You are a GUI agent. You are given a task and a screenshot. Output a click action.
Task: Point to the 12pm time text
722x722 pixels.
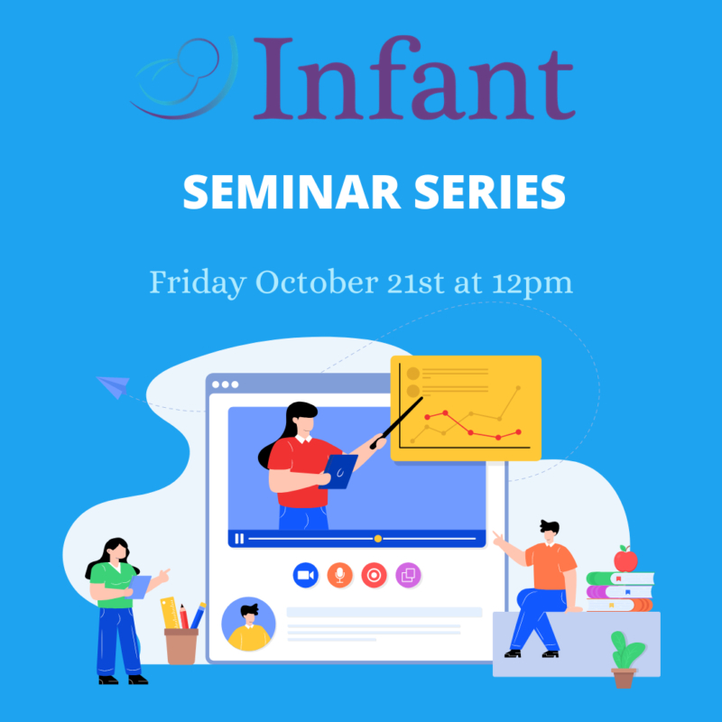533,283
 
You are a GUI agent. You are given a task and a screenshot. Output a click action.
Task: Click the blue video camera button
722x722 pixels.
305,575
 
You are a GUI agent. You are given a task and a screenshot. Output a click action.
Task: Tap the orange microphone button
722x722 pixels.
339,575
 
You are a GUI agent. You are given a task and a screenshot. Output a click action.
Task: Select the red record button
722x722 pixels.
374,575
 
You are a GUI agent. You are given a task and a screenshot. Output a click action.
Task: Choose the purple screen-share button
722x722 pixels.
408,575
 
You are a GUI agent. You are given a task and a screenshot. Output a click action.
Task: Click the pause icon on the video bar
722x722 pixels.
239,539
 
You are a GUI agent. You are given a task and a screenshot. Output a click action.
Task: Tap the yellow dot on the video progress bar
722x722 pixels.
377,539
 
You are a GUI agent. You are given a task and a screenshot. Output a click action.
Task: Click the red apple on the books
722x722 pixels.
625,560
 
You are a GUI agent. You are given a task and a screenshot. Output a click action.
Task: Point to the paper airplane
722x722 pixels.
114,387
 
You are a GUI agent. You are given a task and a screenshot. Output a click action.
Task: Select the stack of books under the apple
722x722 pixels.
619,592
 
